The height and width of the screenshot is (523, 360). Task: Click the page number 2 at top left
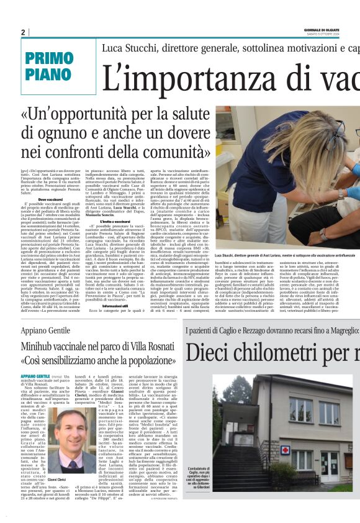(23, 32)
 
